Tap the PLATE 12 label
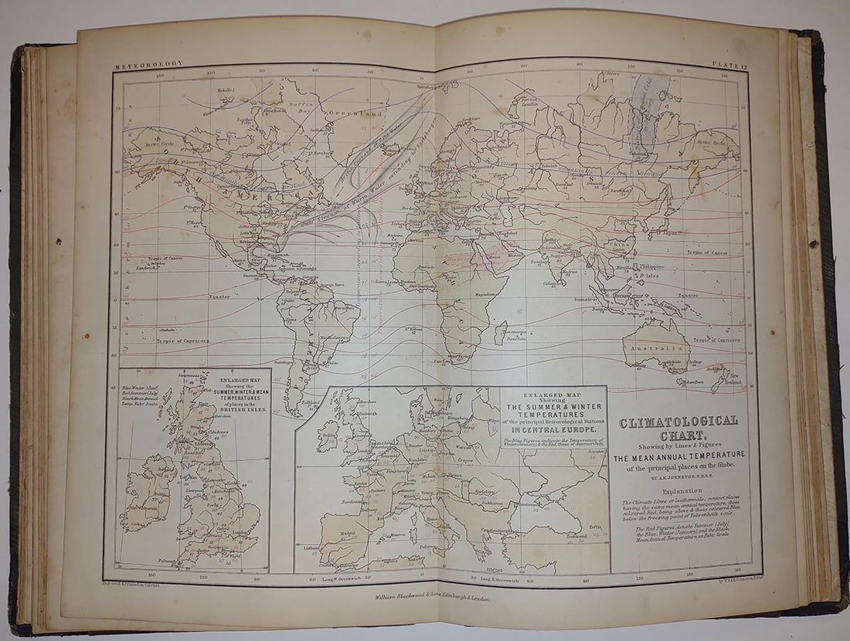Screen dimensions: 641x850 click(x=731, y=69)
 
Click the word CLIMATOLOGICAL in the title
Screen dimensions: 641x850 click(x=677, y=421)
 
